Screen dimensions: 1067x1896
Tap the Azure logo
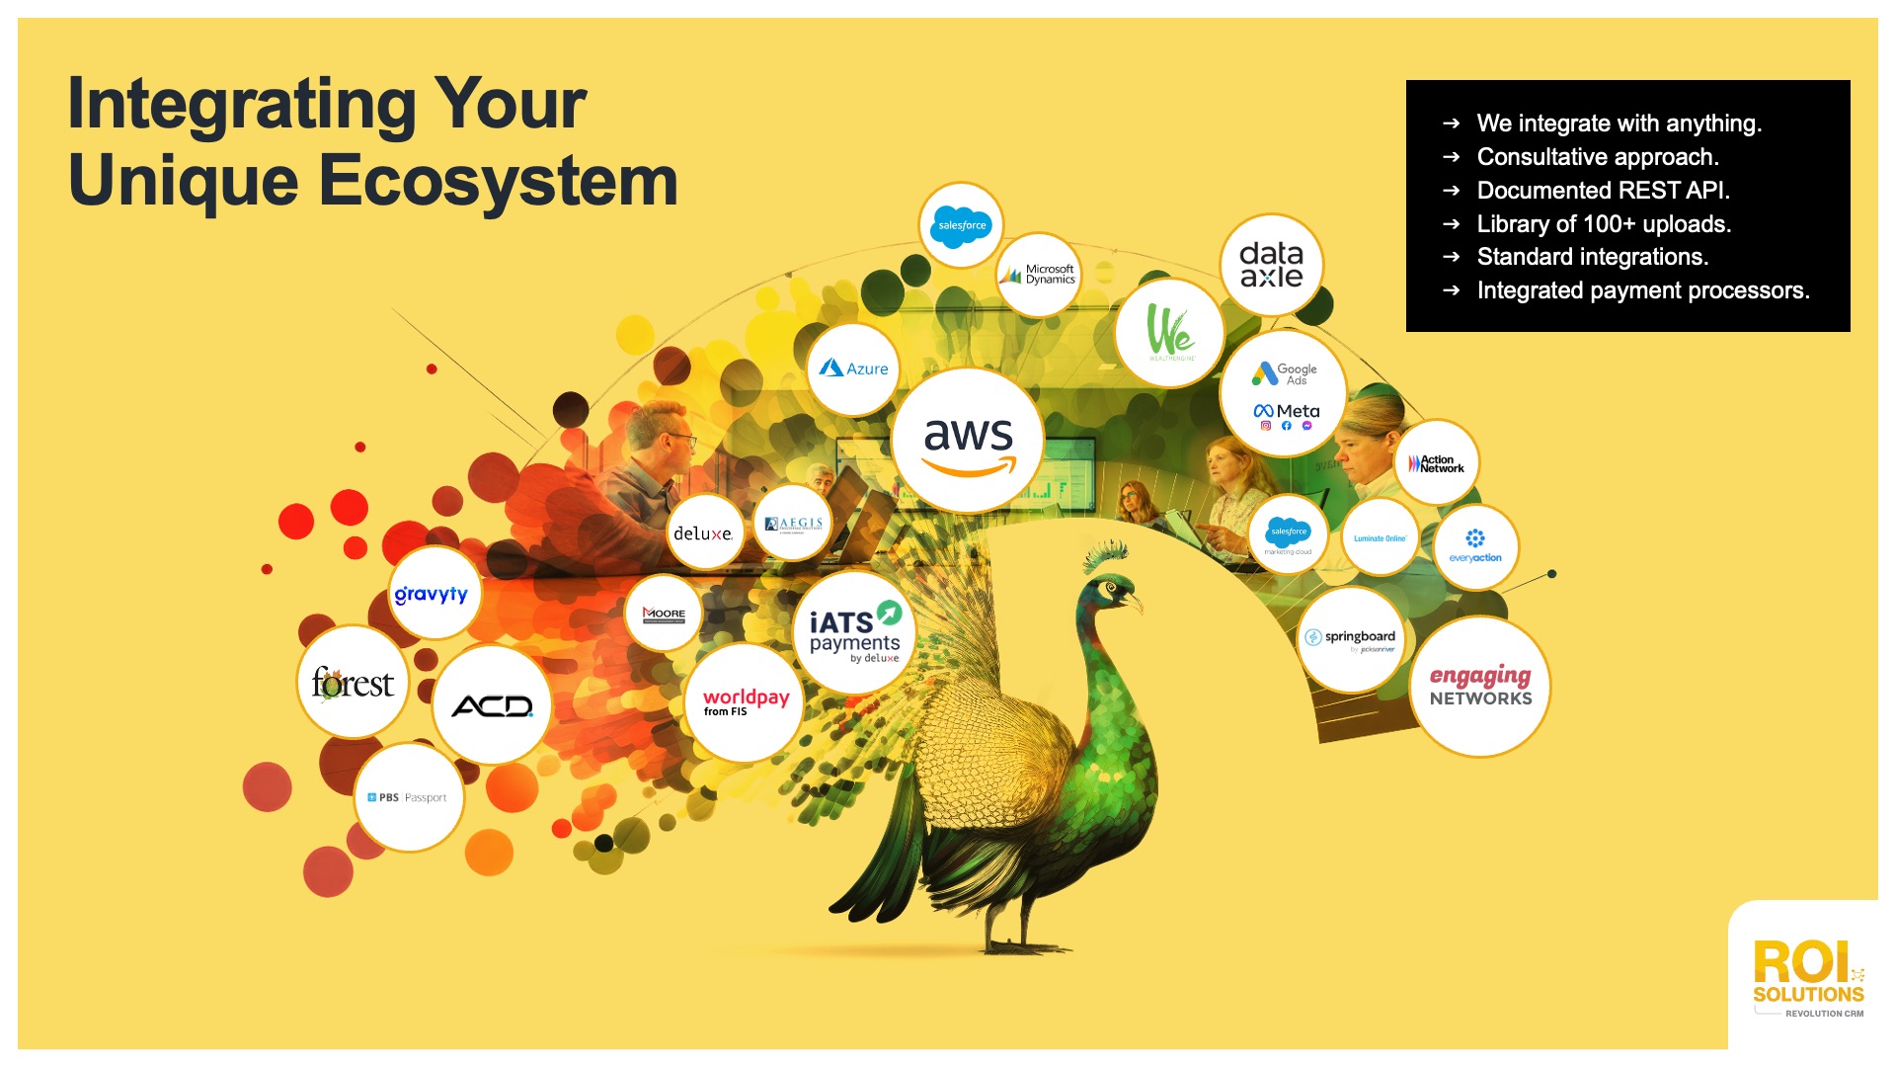pyautogui.click(x=854, y=369)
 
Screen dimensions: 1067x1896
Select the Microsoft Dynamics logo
pyautogui.click(x=1038, y=275)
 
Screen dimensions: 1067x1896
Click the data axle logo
pyautogui.click(x=1271, y=265)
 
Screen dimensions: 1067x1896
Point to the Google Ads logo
pyautogui.click(x=1284, y=374)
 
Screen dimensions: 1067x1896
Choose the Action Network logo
pyautogui.click(x=1437, y=463)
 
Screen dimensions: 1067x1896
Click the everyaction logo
pyautogui.click(x=1475, y=546)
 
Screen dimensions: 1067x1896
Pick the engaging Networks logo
pyautogui.click(x=1480, y=686)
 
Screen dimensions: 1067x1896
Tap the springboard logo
pyautogui.click(x=1351, y=639)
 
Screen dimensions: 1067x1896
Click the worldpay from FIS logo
pyautogui.click(x=746, y=702)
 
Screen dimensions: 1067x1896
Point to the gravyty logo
pyautogui.click(x=432, y=594)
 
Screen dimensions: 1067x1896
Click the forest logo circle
pyautogui.click(x=353, y=683)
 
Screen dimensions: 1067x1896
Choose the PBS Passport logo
pyautogui.click(x=408, y=797)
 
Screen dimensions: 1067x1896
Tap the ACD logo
pyautogui.click(x=492, y=705)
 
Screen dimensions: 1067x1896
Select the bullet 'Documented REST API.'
pyautogui.click(x=1603, y=190)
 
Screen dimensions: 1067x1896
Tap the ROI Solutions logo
pyautogui.click(x=1807, y=979)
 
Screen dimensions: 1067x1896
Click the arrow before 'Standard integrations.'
pyautogui.click(x=1451, y=257)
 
